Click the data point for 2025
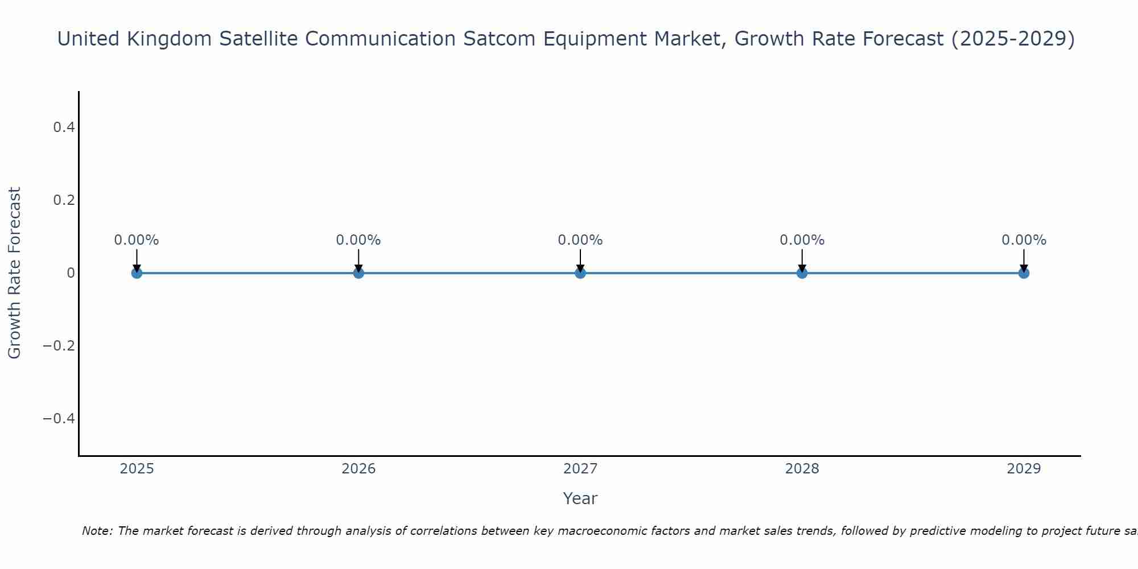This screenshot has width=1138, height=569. [x=137, y=273]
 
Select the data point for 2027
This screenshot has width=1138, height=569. [x=580, y=273]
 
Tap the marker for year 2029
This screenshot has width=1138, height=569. [x=1024, y=273]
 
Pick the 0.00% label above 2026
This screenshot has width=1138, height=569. [x=358, y=240]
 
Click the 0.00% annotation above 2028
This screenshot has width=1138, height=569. [x=802, y=240]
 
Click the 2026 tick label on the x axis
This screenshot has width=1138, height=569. [x=358, y=469]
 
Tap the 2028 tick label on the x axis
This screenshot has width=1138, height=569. [x=802, y=469]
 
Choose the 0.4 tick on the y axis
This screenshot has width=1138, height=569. [x=64, y=127]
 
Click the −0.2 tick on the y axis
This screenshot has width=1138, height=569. [x=59, y=346]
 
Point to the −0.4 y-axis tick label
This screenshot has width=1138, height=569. [x=59, y=419]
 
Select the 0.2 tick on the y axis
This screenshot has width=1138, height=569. [x=64, y=200]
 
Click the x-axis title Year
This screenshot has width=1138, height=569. [x=580, y=498]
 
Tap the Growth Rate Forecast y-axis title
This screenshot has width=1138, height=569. [x=15, y=273]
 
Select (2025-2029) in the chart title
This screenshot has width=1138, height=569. [x=1013, y=39]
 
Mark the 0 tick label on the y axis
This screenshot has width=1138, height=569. [x=71, y=273]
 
